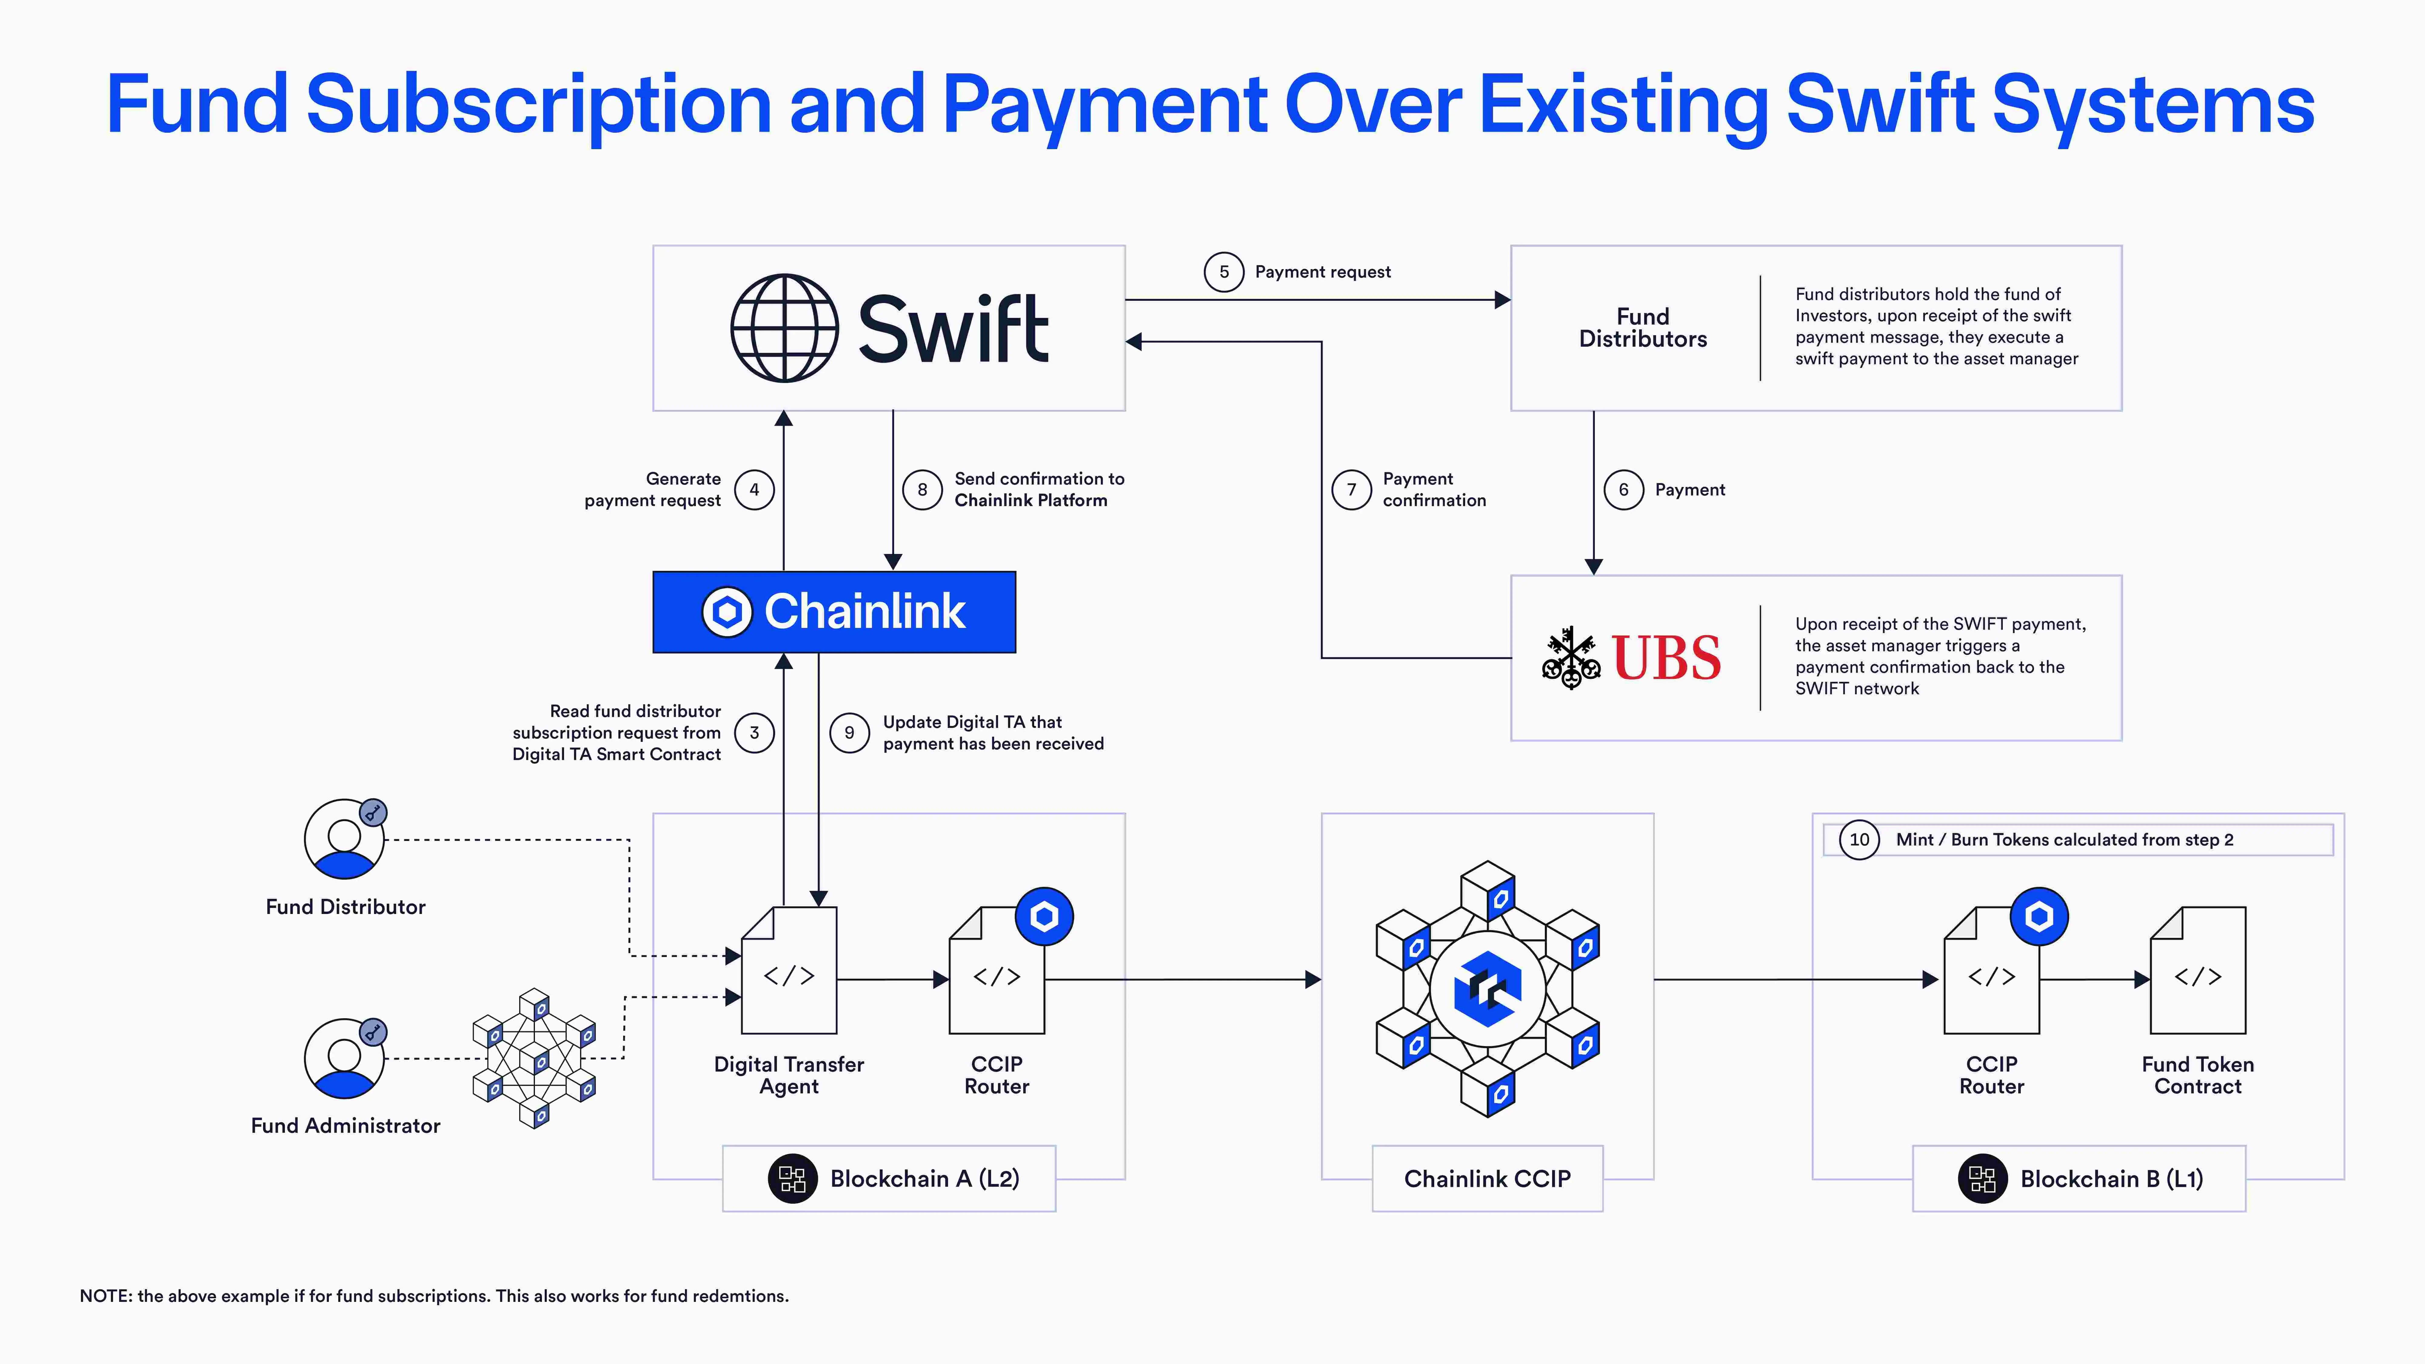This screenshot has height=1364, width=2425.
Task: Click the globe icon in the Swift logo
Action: point(784,328)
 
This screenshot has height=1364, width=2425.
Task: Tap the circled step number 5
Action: point(1224,272)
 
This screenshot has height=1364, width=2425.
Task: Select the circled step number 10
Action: point(1859,840)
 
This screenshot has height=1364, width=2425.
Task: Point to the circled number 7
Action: point(1352,489)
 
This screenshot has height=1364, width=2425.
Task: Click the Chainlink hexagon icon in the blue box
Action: point(727,612)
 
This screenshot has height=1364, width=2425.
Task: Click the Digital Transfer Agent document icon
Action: point(789,971)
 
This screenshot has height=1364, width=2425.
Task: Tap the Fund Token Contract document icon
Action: point(2198,971)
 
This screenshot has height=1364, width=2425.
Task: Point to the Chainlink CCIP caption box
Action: point(1487,1179)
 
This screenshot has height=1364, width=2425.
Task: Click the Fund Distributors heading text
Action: point(1643,328)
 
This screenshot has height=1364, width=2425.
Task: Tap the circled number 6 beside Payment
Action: point(1623,489)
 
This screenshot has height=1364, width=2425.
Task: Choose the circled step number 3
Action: point(754,732)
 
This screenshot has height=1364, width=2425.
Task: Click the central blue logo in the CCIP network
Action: point(1487,989)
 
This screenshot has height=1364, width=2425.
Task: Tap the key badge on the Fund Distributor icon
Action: point(373,812)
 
